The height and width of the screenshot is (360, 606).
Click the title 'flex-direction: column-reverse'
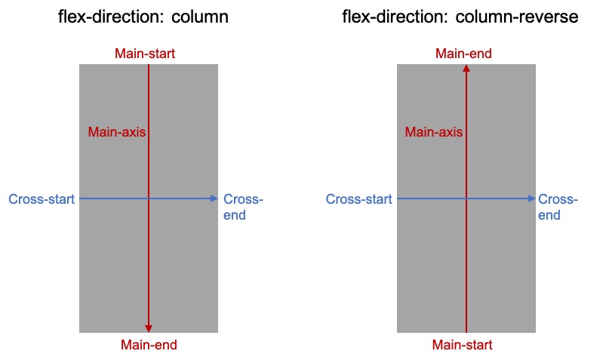pos(460,17)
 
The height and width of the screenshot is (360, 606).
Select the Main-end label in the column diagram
pos(149,346)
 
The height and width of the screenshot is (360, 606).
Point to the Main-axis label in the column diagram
pos(116,132)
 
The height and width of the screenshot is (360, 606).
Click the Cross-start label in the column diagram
pos(42,199)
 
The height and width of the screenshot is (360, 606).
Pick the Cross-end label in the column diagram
pos(243,207)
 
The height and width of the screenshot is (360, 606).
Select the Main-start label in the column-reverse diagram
pos(462,346)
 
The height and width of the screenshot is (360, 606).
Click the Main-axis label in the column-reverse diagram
pos(433,132)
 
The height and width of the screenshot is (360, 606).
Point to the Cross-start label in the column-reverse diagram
pos(358,199)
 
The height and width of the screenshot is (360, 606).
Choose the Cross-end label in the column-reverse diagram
pos(558,207)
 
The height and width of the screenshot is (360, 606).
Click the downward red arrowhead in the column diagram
pos(149,328)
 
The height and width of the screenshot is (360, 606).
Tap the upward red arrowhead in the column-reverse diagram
pos(466,69)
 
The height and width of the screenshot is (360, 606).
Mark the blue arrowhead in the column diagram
pos(214,198)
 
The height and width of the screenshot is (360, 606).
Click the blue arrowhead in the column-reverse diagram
pos(531,198)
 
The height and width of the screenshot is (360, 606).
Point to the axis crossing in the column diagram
pos(149,198)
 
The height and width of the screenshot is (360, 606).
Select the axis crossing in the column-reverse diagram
pos(466,198)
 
